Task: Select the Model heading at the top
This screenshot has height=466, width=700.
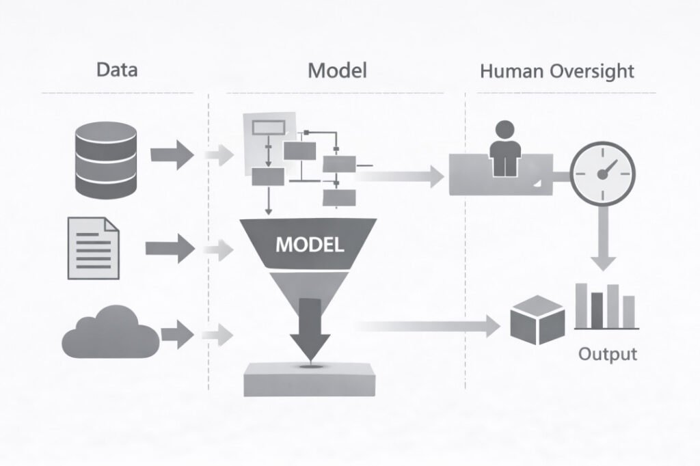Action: (337, 70)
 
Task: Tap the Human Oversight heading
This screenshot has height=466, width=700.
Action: (556, 71)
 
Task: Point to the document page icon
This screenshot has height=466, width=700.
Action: (93, 247)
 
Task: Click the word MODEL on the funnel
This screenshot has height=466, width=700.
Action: (310, 245)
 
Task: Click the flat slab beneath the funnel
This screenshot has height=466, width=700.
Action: (309, 379)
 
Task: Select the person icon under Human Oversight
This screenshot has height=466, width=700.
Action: (503, 147)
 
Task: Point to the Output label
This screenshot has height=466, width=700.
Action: (607, 354)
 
